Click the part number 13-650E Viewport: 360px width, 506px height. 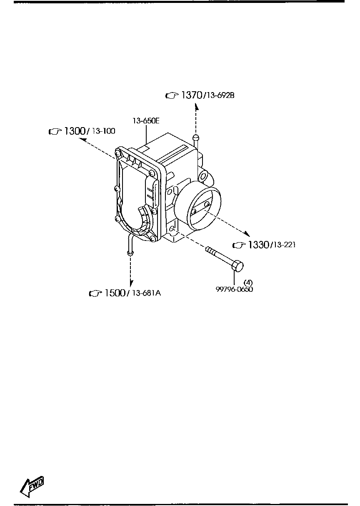[146, 121]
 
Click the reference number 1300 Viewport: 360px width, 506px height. [75, 131]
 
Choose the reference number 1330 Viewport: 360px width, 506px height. [257, 245]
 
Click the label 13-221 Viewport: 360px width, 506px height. [283, 245]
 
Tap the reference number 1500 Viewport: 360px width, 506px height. [115, 293]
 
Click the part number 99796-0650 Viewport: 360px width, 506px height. [234, 289]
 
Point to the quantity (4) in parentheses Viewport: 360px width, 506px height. [248, 282]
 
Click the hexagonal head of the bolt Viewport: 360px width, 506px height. [237, 265]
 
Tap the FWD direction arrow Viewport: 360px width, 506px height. [32, 486]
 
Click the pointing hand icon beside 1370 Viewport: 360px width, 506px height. [171, 96]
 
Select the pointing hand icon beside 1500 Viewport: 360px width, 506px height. [95, 293]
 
